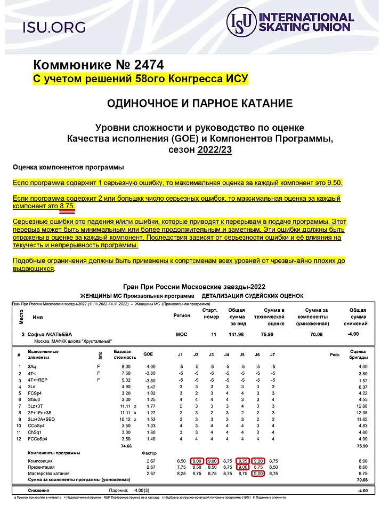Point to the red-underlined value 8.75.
coord(67,206)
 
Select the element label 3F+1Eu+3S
coord(41,412)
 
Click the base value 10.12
coord(122,419)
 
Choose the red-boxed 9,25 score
coord(242,461)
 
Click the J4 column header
coord(226,354)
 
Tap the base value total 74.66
coord(125,445)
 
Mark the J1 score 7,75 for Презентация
coord(181,467)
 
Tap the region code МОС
coord(181,334)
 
